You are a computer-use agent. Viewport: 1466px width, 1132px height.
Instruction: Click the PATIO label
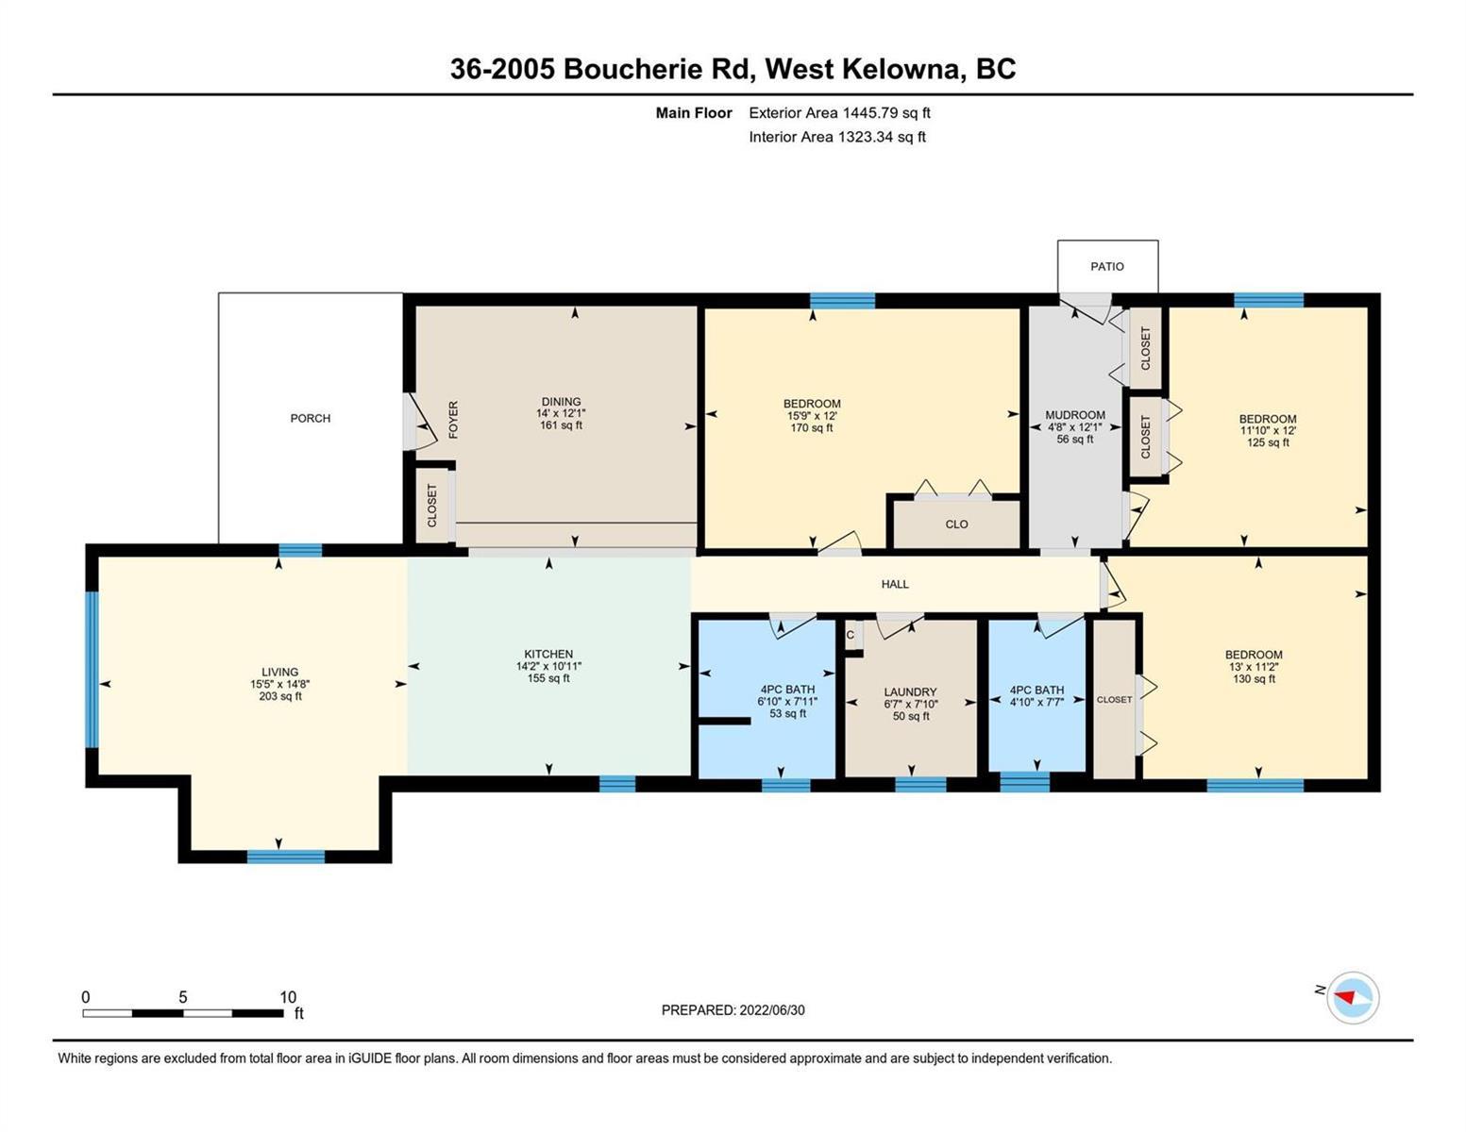pyautogui.click(x=1107, y=266)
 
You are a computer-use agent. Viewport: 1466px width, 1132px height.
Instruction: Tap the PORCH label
pyautogui.click(x=311, y=418)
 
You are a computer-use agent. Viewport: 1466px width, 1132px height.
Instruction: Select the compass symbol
pyautogui.click(x=1353, y=998)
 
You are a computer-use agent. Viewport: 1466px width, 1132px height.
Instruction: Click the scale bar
pyautogui.click(x=183, y=1013)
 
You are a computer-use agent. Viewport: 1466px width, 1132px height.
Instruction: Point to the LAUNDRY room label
pyautogui.click(x=910, y=691)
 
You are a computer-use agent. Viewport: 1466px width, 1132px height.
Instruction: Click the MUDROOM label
pyautogui.click(x=1074, y=415)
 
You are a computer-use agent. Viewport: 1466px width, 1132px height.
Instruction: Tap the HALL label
pyautogui.click(x=895, y=584)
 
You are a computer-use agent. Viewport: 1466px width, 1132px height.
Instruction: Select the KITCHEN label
pyautogui.click(x=548, y=654)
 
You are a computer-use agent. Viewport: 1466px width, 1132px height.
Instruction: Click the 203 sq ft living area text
pyautogui.click(x=280, y=696)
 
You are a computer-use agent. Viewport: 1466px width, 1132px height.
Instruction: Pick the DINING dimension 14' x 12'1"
pyautogui.click(x=561, y=413)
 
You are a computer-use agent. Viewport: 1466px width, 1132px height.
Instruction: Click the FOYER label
pyautogui.click(x=453, y=420)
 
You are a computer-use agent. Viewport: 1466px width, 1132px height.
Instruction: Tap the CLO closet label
pyautogui.click(x=956, y=524)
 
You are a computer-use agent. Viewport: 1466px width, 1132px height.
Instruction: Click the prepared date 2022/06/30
pyautogui.click(x=772, y=1010)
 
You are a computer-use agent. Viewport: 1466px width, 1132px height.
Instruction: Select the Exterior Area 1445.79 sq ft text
pyautogui.click(x=839, y=112)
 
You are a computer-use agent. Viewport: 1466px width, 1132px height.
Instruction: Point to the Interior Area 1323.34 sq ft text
pyautogui.click(x=837, y=137)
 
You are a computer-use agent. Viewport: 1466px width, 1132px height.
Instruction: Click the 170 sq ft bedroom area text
pyautogui.click(x=812, y=427)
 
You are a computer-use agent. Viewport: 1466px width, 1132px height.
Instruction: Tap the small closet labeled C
pyautogui.click(x=850, y=635)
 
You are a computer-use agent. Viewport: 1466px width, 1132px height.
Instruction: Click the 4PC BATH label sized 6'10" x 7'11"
pyautogui.click(x=787, y=689)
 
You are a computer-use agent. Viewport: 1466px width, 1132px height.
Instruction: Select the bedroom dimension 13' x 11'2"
pyautogui.click(x=1254, y=666)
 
